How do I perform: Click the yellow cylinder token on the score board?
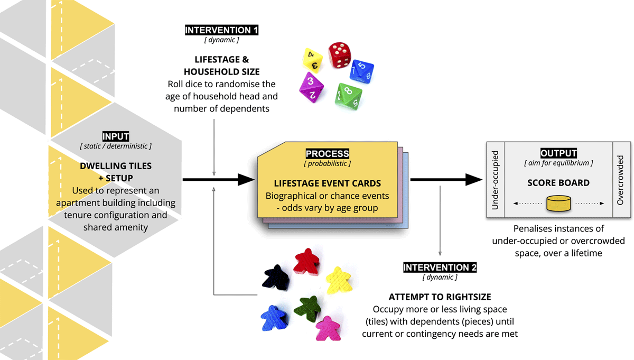559,203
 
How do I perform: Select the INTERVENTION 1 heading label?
221,30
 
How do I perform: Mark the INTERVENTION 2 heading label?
440,267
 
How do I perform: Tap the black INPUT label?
116,137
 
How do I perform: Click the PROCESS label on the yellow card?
327,154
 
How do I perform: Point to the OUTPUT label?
558,153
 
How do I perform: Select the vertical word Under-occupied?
495,180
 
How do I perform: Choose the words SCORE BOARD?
558,183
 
